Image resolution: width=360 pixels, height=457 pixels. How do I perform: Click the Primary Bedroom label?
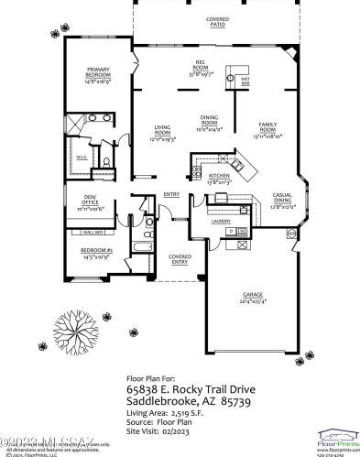[x=98, y=72]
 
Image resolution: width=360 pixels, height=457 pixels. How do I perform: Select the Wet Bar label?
[x=246, y=81]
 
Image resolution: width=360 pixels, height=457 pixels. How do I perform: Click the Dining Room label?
[x=210, y=119]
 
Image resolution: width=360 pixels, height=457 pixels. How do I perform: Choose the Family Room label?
[x=269, y=127]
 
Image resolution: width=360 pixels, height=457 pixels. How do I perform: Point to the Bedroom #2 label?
[x=96, y=253]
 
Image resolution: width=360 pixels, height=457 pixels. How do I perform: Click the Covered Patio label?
[x=218, y=22]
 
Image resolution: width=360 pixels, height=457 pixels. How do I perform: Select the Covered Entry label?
[x=180, y=260]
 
